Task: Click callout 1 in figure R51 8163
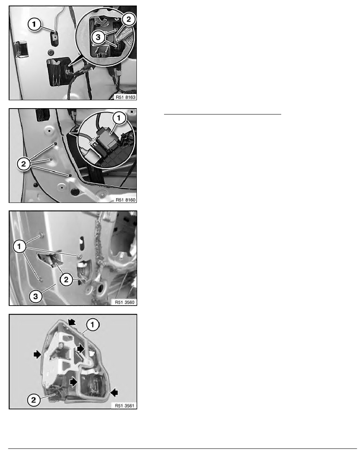coord(35,24)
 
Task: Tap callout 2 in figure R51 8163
coord(129,20)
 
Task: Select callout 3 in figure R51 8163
coord(98,38)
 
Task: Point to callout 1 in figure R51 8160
coord(119,118)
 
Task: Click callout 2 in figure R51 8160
coord(24,164)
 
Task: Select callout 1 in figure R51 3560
coord(20,247)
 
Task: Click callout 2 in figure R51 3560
coord(66,280)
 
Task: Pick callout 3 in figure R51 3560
coord(35,296)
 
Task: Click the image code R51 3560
coord(125,302)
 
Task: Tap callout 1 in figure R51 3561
coord(93,325)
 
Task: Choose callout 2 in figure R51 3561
coord(34,400)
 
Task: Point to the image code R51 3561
coord(125,406)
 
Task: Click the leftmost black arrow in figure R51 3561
coord(37,355)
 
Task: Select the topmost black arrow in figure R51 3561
coord(72,322)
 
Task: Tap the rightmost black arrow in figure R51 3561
coord(114,392)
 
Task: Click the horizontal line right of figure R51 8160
coord(222,114)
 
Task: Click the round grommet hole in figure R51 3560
coord(100,288)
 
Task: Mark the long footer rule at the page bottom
coord(183,448)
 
